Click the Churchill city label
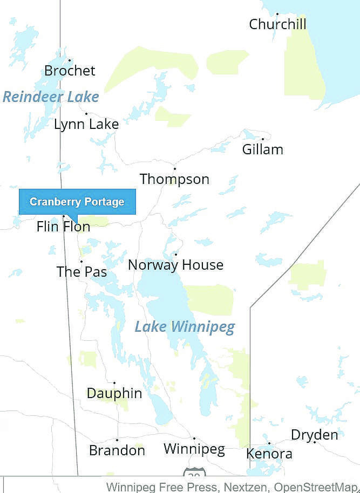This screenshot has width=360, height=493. click(x=277, y=24)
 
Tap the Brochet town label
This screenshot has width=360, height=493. click(x=70, y=71)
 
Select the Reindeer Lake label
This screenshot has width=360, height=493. click(x=51, y=97)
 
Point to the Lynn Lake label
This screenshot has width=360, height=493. click(x=86, y=124)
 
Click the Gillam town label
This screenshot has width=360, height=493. click(x=262, y=149)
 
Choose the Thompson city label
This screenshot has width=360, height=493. click(x=174, y=179)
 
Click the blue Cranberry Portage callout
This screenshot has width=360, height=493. click(x=77, y=202)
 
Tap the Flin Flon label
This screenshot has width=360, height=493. click(x=63, y=227)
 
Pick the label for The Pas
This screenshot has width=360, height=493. click(x=81, y=272)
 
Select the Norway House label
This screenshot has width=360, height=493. click(x=175, y=265)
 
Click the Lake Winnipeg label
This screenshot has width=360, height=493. click(x=185, y=327)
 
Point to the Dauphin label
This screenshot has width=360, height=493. click(x=114, y=394)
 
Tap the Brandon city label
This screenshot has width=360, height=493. click(x=117, y=450)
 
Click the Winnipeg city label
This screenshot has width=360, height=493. click(x=194, y=449)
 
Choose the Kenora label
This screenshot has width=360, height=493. click(x=269, y=454)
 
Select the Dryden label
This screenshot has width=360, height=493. click(x=315, y=435)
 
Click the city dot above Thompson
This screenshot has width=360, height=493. click(x=174, y=169)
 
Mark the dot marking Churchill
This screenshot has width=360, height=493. click(x=277, y=14)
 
